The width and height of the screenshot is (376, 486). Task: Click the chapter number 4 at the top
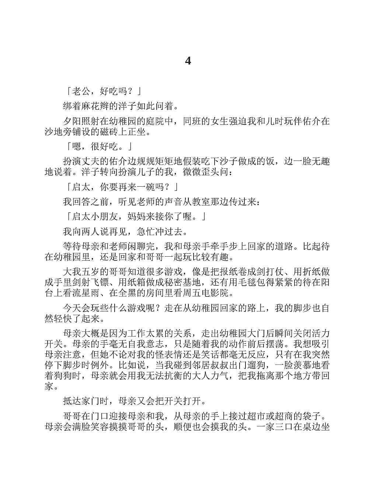point(188,61)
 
